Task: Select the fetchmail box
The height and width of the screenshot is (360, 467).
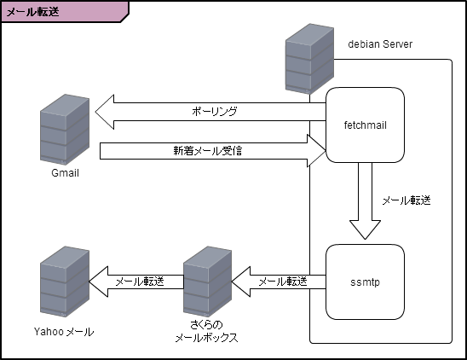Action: point(365,125)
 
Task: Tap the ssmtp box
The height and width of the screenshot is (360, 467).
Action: point(365,279)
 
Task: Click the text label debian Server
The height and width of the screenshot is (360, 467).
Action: point(381,44)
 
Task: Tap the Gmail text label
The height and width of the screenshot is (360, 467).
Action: point(65,174)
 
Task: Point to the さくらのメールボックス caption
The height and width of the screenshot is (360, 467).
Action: point(206,332)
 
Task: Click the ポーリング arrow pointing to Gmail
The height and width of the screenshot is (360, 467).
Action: point(213,111)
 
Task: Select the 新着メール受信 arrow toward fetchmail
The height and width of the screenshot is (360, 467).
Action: point(213,151)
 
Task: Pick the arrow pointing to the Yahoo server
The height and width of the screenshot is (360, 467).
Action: point(136,282)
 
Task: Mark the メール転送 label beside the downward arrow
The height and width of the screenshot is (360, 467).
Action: point(406,200)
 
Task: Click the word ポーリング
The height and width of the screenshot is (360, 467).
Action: point(214,111)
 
